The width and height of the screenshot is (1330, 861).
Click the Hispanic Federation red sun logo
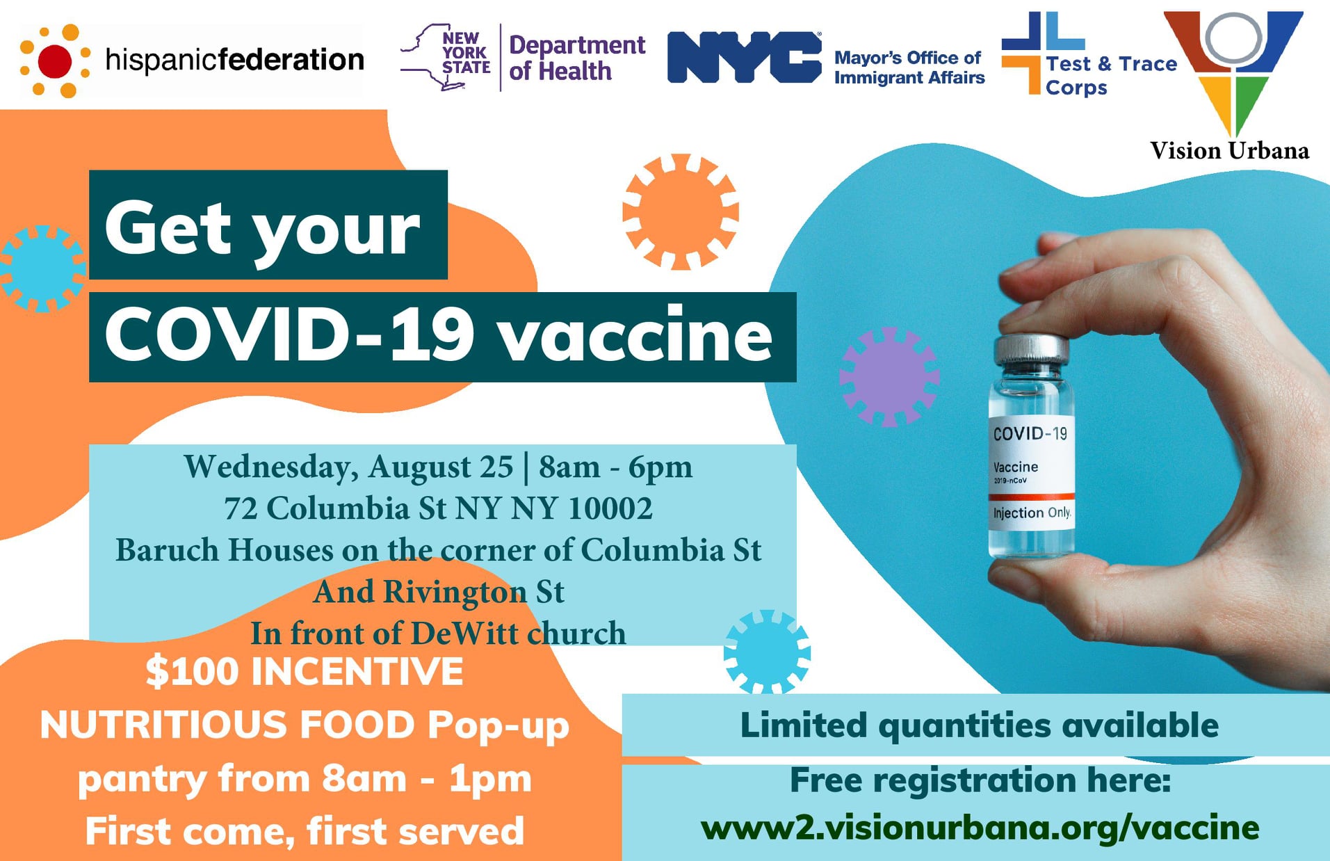[55, 61]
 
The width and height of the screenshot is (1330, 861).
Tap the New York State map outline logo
[445, 58]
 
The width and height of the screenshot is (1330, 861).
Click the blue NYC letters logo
[744, 58]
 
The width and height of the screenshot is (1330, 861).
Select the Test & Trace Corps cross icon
[1042, 52]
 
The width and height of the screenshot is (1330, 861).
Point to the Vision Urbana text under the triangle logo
[1229, 150]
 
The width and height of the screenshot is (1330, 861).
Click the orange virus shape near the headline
[681, 211]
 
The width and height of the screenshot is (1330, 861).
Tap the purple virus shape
[889, 377]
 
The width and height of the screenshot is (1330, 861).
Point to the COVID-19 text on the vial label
[1030, 434]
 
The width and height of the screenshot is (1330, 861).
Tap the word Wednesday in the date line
[272, 467]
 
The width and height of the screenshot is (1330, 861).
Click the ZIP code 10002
[610, 508]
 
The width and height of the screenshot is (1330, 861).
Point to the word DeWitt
[464, 633]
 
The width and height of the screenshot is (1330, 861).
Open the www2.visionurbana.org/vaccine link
[980, 828]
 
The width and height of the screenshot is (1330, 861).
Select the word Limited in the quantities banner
[804, 725]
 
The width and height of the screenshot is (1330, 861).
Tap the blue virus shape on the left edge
[42, 268]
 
